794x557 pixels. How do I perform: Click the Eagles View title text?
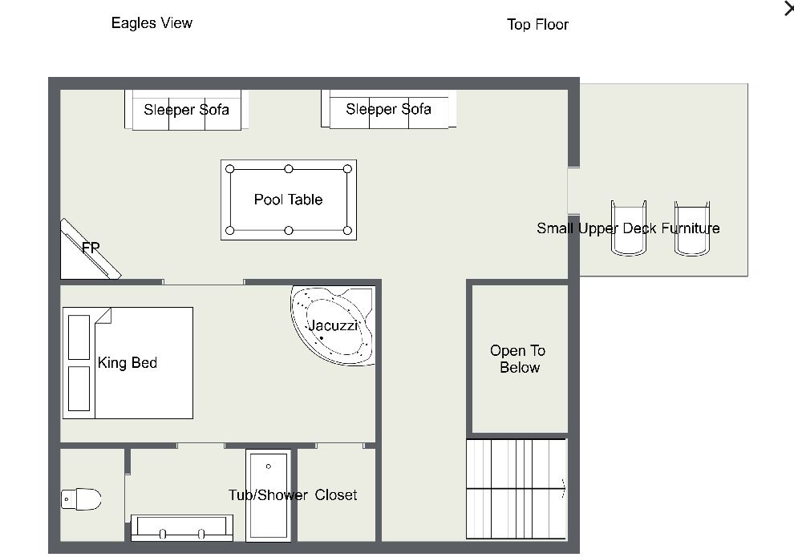click(x=152, y=22)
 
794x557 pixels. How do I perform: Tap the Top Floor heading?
click(x=538, y=24)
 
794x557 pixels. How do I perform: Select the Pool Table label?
click(x=288, y=200)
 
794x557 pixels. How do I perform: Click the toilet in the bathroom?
click(x=81, y=498)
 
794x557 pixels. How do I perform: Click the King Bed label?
click(x=127, y=362)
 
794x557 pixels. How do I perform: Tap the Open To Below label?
click(x=518, y=359)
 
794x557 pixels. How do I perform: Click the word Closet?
click(x=336, y=494)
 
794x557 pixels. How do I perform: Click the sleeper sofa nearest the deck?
click(x=389, y=109)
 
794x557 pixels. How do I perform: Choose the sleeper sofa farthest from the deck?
click(x=186, y=110)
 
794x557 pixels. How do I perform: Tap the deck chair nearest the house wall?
click(x=629, y=228)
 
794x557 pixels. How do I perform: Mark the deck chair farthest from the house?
click(x=692, y=228)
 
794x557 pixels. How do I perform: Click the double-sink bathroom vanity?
click(x=182, y=527)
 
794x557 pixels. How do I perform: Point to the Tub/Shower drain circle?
click(x=269, y=466)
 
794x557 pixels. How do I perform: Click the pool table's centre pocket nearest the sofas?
click(x=289, y=169)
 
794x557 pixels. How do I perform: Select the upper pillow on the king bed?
click(x=79, y=337)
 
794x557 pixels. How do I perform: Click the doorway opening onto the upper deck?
click(x=573, y=191)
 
